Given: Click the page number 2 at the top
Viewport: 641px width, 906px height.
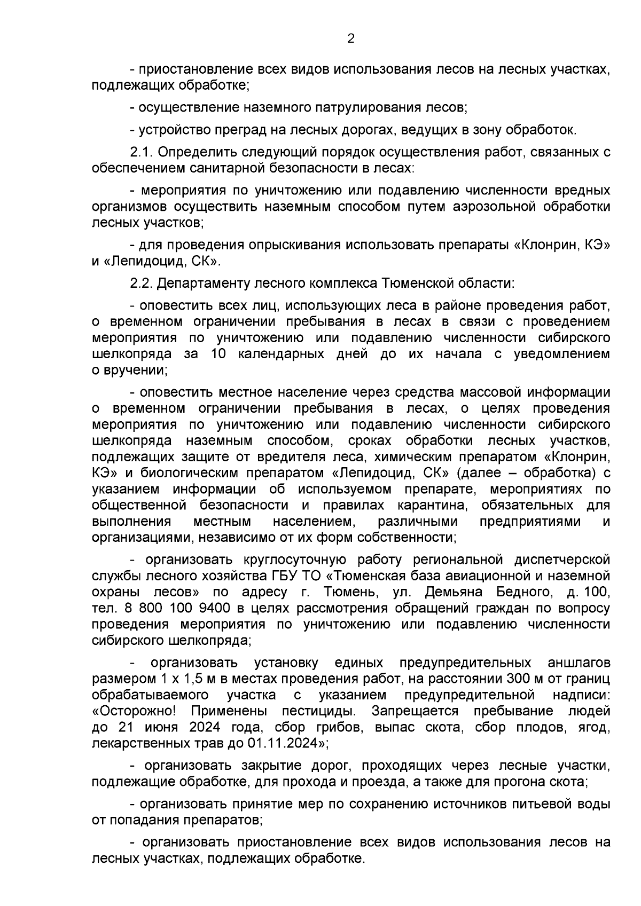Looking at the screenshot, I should tap(350, 38).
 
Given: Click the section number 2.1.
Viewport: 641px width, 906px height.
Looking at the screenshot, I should tap(142, 152).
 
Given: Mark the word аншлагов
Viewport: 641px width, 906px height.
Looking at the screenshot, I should tap(579, 663).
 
